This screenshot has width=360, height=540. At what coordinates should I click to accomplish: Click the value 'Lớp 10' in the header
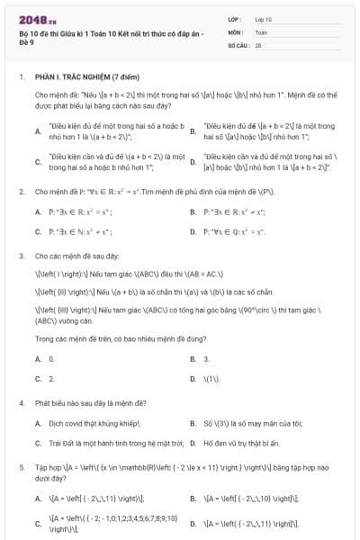pos(263,18)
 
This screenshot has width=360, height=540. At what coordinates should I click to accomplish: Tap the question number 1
pos(21,77)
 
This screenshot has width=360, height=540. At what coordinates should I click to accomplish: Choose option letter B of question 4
pos(193,422)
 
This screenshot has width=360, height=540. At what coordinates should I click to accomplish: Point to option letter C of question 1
pos(38,161)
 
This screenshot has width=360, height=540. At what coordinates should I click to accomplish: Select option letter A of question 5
pos(38,497)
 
